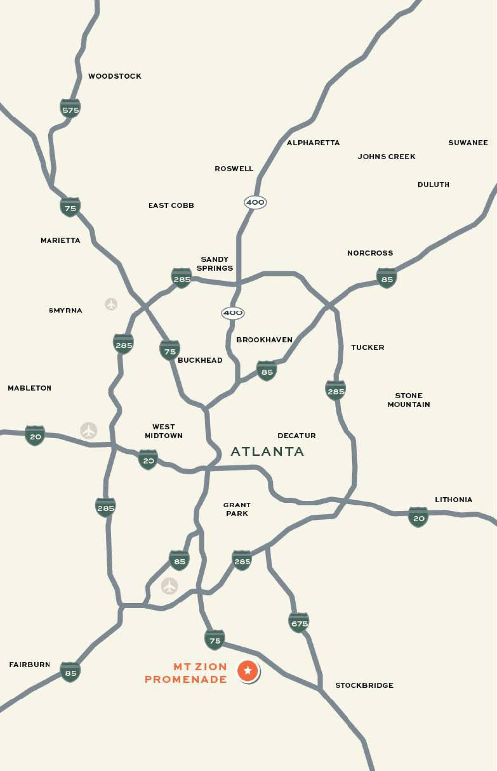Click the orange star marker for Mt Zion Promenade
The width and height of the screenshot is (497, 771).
pos(248,670)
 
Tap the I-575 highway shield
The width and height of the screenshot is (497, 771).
pos(70,109)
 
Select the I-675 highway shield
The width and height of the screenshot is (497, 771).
pos(299,623)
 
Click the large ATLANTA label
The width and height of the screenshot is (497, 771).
pos(267,451)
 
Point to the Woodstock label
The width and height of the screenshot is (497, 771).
pos(115,76)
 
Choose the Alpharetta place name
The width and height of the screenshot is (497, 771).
pos(313,143)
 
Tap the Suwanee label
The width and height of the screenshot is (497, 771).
pos(468,143)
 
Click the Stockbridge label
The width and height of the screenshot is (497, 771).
pos(364,685)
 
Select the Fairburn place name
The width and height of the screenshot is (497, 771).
pos(30,665)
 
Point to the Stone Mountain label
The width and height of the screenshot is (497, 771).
pos(409,400)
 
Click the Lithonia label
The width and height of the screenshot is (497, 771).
pos(453,500)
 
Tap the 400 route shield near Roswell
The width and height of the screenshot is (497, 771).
pos(255,202)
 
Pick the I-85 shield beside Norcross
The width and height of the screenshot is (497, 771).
pos(386,279)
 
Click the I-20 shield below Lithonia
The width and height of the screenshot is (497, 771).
pos(418,518)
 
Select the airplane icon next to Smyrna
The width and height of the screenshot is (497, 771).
pos(111,304)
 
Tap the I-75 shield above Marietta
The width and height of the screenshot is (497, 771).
pos(70,208)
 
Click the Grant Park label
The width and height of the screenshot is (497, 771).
pos(237,509)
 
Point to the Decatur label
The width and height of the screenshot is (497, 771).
pos(296,436)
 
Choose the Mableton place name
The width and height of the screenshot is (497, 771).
pos(30,388)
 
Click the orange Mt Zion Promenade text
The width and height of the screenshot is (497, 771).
pos(186,673)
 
